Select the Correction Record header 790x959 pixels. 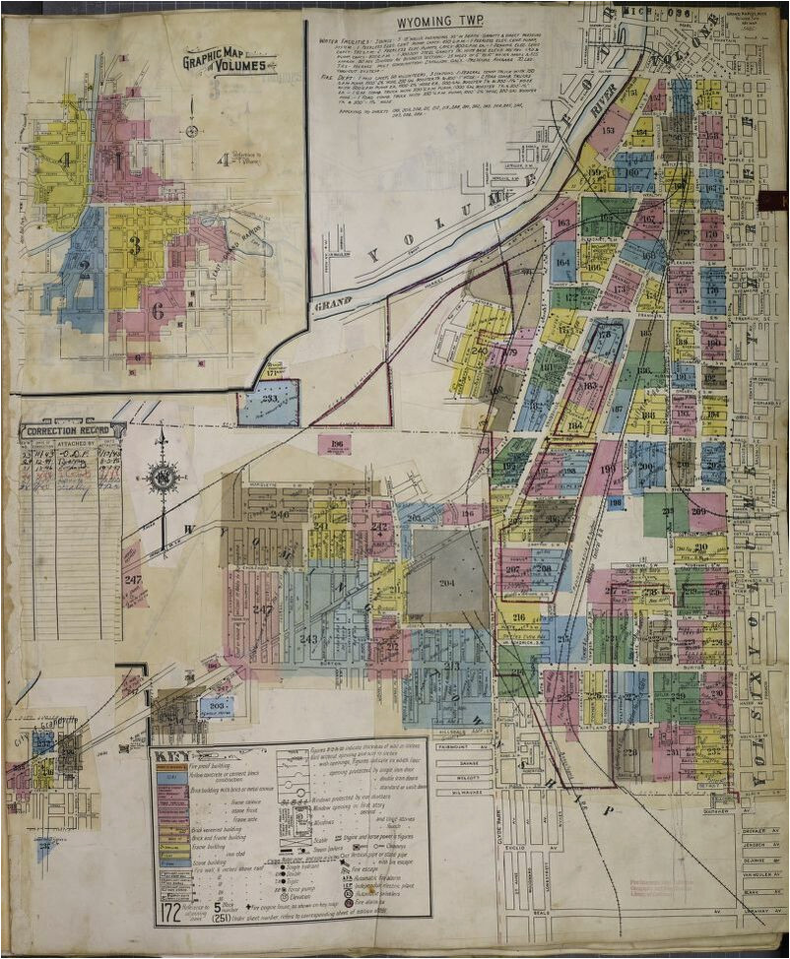(72, 430)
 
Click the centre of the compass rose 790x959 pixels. (163, 479)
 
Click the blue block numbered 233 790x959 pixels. (268, 403)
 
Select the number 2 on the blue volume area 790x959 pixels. (85, 266)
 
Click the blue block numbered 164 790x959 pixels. (563, 262)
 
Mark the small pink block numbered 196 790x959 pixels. (335, 444)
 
